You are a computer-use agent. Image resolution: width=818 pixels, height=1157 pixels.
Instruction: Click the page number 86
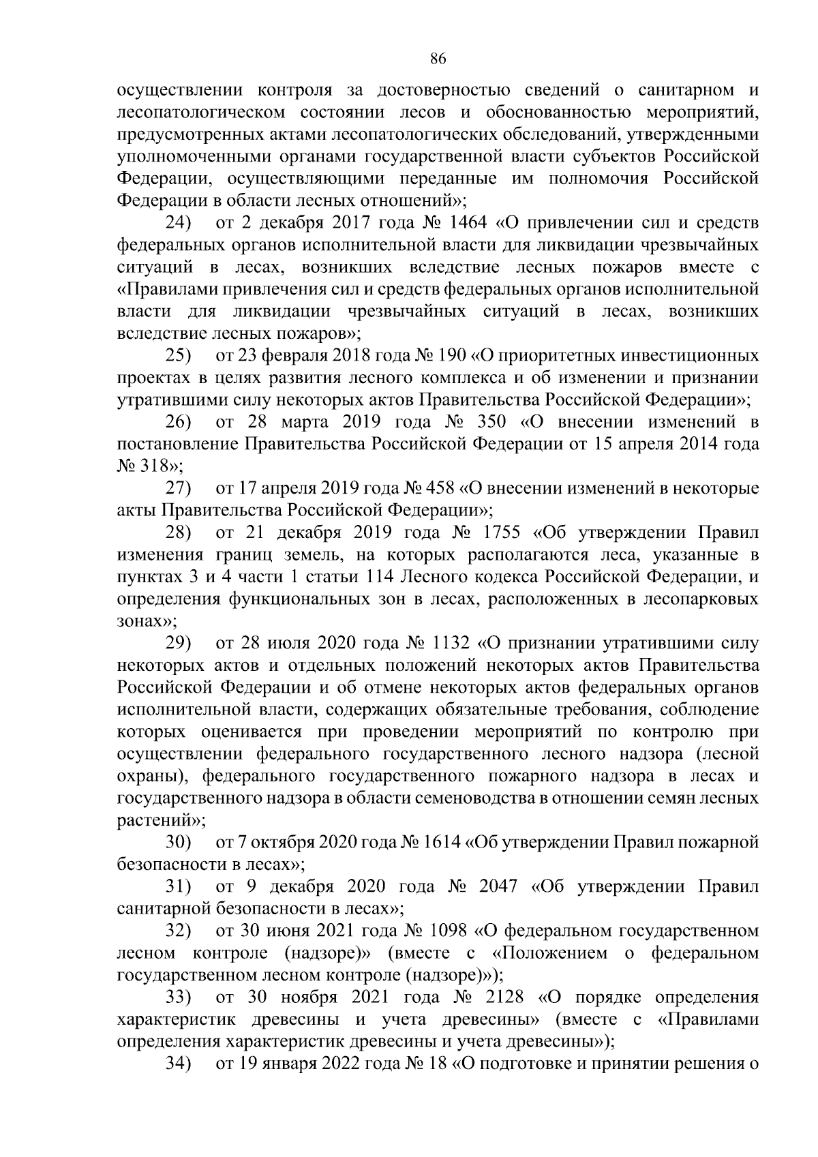pos(438,59)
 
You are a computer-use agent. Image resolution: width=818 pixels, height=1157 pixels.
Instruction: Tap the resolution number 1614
pos(439,843)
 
